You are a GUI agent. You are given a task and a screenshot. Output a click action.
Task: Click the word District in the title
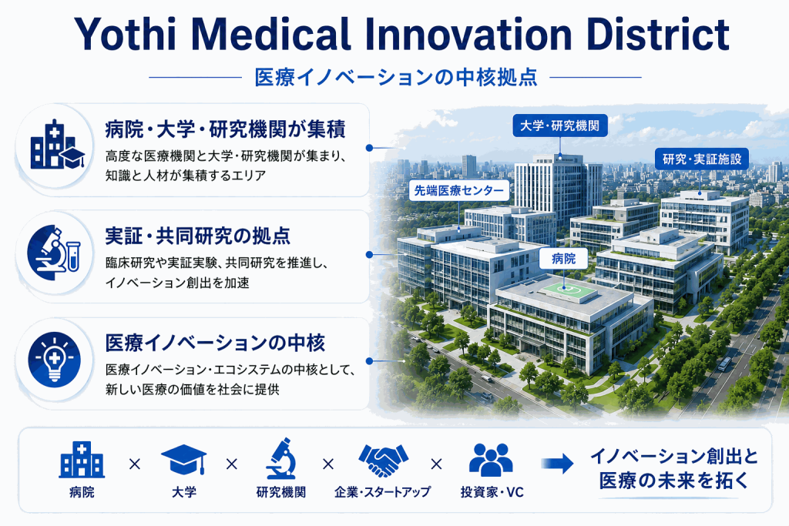pyautogui.click(x=658, y=34)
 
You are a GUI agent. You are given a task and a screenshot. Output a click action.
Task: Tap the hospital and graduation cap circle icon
pyautogui.click(x=55, y=146)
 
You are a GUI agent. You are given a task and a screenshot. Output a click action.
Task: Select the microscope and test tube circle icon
pyautogui.click(x=55, y=253)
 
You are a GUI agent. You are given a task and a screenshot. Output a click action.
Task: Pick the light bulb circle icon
pyautogui.click(x=55, y=360)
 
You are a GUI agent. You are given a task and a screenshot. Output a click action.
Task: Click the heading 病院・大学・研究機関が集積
pyautogui.click(x=226, y=129)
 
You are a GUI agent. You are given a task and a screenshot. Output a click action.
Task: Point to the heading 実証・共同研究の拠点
pyautogui.click(x=198, y=236)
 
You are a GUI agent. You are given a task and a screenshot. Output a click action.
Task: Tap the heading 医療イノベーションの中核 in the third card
pyautogui.click(x=216, y=343)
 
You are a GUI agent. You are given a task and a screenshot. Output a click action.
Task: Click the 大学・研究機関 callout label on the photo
pyautogui.click(x=560, y=126)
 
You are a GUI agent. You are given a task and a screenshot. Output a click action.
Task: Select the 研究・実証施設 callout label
pyautogui.click(x=702, y=159)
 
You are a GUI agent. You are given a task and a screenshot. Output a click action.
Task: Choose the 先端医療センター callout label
pyautogui.click(x=459, y=190)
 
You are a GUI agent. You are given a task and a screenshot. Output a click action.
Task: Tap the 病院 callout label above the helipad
pyautogui.click(x=563, y=259)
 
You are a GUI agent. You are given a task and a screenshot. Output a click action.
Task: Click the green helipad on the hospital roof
pyautogui.click(x=564, y=288)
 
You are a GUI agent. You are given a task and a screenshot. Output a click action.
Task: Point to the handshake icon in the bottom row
pyautogui.click(x=384, y=460)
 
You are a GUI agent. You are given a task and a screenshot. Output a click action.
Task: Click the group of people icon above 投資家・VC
pyautogui.click(x=491, y=460)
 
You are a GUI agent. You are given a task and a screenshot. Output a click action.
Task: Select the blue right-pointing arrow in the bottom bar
pyautogui.click(x=558, y=463)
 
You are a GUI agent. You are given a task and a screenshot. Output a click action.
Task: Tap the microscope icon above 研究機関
pyautogui.click(x=280, y=458)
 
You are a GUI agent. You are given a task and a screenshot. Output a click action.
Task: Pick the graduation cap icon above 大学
pyautogui.click(x=184, y=459)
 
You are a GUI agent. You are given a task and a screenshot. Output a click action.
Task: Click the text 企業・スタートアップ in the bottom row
pyautogui.click(x=382, y=492)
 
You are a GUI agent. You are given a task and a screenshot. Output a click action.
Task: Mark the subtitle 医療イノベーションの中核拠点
pyautogui.click(x=396, y=77)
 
